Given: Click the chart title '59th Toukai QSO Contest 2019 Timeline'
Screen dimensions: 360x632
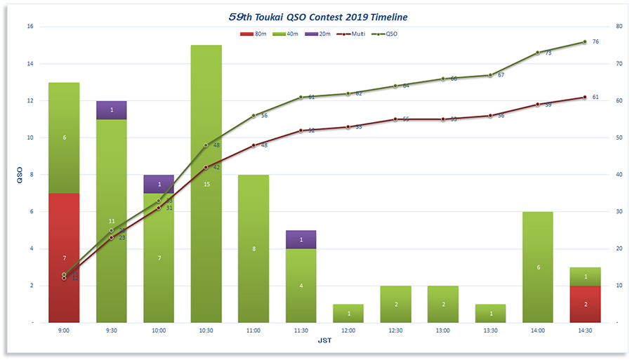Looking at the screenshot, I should tap(318, 15).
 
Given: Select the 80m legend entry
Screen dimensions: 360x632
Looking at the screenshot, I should tap(254, 34).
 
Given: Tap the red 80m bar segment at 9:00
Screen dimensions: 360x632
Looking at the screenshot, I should tap(64, 258).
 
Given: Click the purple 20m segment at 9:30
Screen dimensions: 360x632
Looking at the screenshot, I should tap(111, 110).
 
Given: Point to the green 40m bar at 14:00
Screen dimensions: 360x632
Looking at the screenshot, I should tap(538, 267).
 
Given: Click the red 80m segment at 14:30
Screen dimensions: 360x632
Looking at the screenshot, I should tap(585, 304).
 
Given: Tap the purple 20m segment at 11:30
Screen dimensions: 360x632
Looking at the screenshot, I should tap(301, 239).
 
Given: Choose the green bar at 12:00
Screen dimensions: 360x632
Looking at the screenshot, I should tap(348, 313).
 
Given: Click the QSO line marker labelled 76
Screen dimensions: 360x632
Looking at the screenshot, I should tap(584, 41).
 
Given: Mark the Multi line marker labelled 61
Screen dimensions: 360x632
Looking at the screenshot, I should tap(584, 97).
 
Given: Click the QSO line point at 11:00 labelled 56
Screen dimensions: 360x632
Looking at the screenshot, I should tap(254, 116).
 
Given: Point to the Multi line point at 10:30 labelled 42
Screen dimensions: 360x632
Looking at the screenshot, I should tap(206, 167).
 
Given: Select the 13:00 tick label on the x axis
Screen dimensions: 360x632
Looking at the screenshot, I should tap(442, 331).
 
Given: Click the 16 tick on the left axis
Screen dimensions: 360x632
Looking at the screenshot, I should tap(30, 27).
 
